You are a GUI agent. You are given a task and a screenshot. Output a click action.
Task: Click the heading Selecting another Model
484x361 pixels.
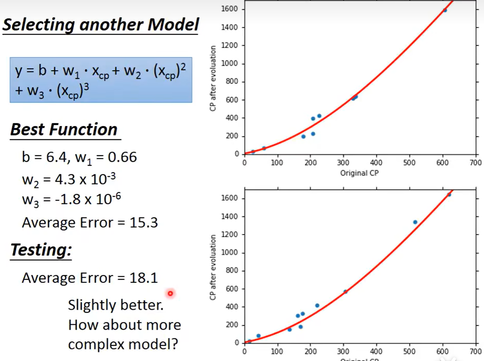coord(101,25)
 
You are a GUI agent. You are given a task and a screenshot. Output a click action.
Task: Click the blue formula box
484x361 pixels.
coord(101,80)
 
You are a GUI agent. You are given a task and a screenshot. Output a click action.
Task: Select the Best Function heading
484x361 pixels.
coord(64,130)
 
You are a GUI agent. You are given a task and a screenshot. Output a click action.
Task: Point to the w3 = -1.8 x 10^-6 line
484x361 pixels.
coord(71,200)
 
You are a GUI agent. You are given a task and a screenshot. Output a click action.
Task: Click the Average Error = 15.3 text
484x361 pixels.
coord(90,223)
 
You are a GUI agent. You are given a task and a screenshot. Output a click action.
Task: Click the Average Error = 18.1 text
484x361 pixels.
coord(90,278)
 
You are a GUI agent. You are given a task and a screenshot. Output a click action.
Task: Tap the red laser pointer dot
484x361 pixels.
coord(170,293)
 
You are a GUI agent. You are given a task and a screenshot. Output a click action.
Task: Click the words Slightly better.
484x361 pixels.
coord(116,305)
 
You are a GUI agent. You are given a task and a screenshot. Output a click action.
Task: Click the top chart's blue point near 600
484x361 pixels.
coord(445,10)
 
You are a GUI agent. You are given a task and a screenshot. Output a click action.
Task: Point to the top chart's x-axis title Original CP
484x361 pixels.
coord(359,173)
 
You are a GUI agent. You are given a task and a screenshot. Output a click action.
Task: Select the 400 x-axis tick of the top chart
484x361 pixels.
coord(376,162)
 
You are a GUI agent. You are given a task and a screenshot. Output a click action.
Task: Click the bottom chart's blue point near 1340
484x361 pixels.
coord(415,222)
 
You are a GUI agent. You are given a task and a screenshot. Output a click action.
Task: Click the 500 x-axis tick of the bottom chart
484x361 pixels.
coord(409,351)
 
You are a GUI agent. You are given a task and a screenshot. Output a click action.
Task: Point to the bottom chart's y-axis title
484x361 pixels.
coord(212,267)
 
